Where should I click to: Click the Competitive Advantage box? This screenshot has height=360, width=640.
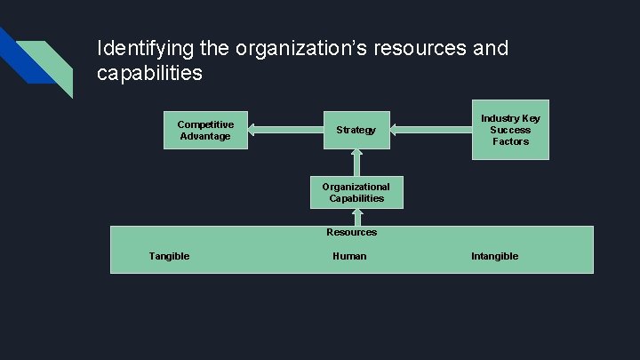205,130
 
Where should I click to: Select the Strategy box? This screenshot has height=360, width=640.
356,130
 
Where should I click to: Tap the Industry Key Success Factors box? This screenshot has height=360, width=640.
510,130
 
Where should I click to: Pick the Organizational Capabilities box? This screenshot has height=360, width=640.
356,192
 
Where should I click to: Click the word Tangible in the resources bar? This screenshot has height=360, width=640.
169,256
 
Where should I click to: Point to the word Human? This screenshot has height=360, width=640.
349,256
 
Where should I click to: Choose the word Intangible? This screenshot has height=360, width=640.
494,256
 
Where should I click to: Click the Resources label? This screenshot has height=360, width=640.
351,232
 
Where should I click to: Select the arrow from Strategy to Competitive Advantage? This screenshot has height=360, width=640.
284,130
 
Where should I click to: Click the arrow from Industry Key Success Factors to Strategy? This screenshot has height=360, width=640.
431,130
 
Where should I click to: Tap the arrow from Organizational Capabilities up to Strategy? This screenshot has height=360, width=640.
356,162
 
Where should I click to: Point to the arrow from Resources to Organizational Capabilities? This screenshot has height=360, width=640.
356,216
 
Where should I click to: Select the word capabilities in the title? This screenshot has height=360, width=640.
149,73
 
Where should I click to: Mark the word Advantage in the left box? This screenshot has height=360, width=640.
205,136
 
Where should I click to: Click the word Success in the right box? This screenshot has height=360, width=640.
510,130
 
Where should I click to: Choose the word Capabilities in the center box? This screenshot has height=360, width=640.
356,198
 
